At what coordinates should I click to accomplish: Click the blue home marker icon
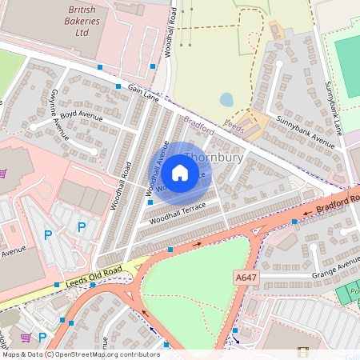180,172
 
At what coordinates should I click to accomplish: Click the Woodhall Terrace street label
178,213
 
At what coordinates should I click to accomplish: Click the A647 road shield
246,277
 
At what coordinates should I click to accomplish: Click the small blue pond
226,99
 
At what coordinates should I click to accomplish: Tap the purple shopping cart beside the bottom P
26,338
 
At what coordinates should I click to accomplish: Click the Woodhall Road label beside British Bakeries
170,30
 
